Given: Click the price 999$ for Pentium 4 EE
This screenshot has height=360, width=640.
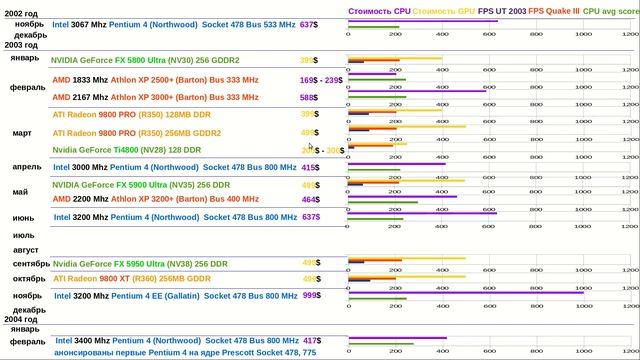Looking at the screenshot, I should click(x=311, y=296).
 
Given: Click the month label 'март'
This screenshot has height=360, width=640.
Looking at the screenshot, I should click(x=21, y=132).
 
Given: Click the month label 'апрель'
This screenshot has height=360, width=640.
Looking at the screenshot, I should click(x=26, y=166).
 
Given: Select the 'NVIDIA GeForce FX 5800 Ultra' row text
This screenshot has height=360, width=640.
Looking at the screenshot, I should click(x=161, y=60).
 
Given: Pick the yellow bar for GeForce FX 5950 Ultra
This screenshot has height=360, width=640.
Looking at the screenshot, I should click(x=406, y=259).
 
